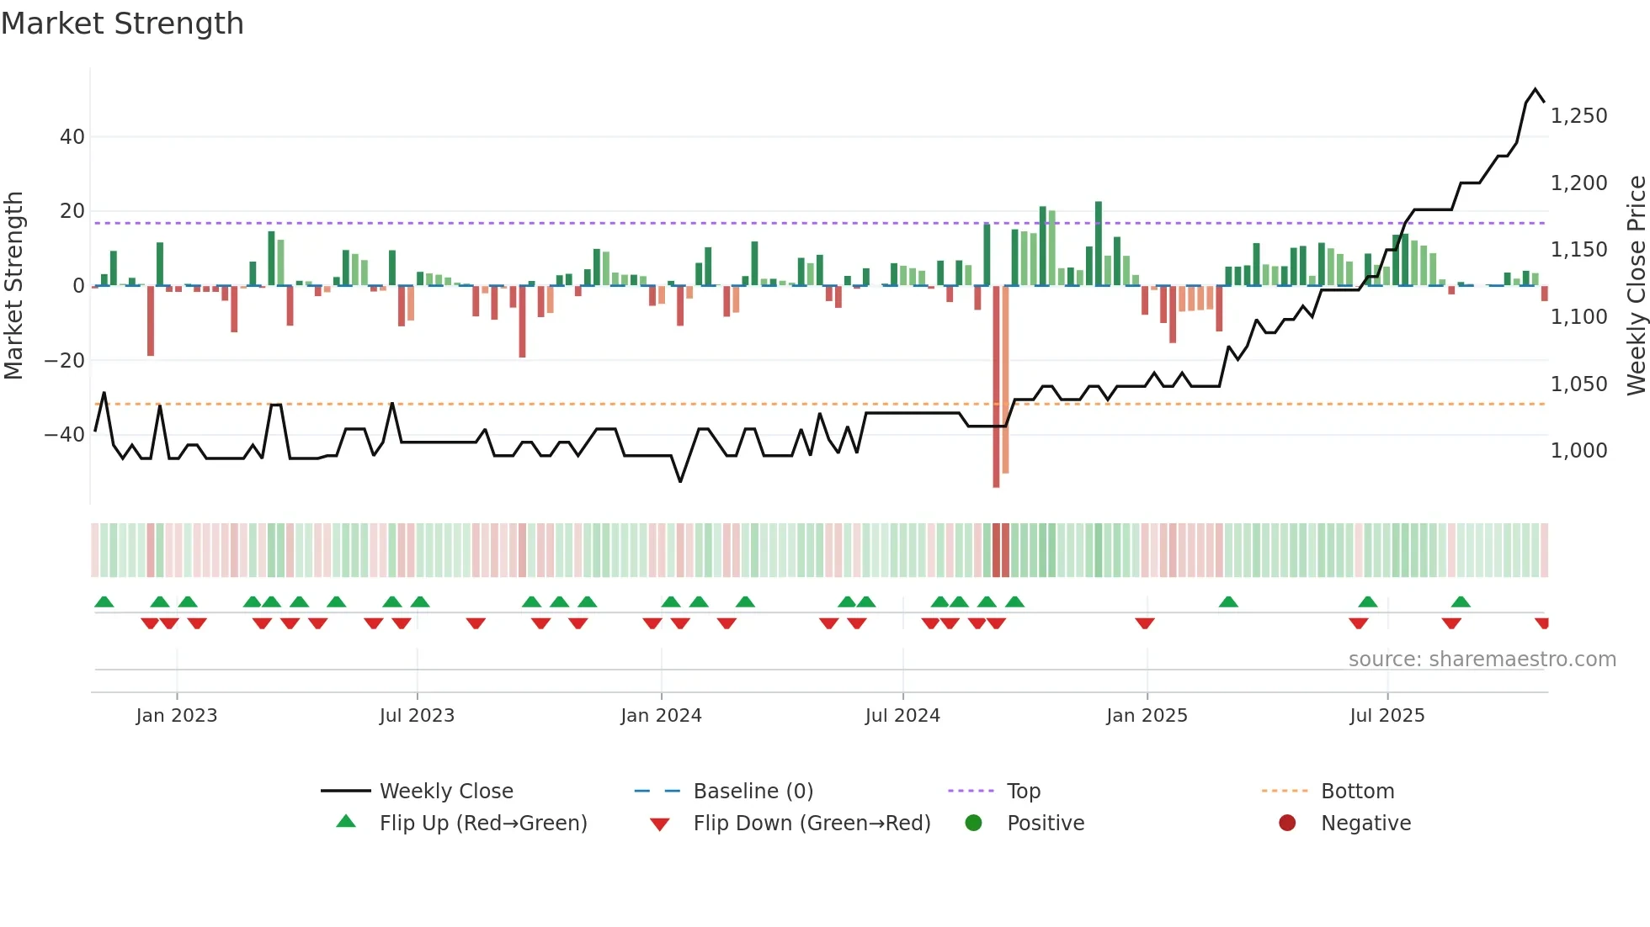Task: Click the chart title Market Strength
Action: coord(122,24)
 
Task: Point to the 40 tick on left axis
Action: coord(72,136)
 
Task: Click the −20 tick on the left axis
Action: coord(65,360)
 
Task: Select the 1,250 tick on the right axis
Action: coord(1578,116)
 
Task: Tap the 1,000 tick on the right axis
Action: coord(1578,451)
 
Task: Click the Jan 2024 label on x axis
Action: coord(661,716)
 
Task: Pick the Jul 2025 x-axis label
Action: coord(1387,716)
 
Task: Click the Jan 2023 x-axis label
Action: coord(177,716)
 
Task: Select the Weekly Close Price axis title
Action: coord(1636,285)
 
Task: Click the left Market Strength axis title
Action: coord(13,285)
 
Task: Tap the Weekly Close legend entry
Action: coord(446,792)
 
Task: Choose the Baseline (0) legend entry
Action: coord(753,792)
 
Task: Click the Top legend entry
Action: coord(1023,792)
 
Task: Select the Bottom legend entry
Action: coord(1357,792)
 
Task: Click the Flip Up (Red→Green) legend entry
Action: coord(483,824)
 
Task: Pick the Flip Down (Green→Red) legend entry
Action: coord(812,824)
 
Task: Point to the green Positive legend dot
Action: coord(973,824)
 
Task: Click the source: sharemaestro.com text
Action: coord(1482,659)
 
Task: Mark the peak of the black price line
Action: coord(1536,89)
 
